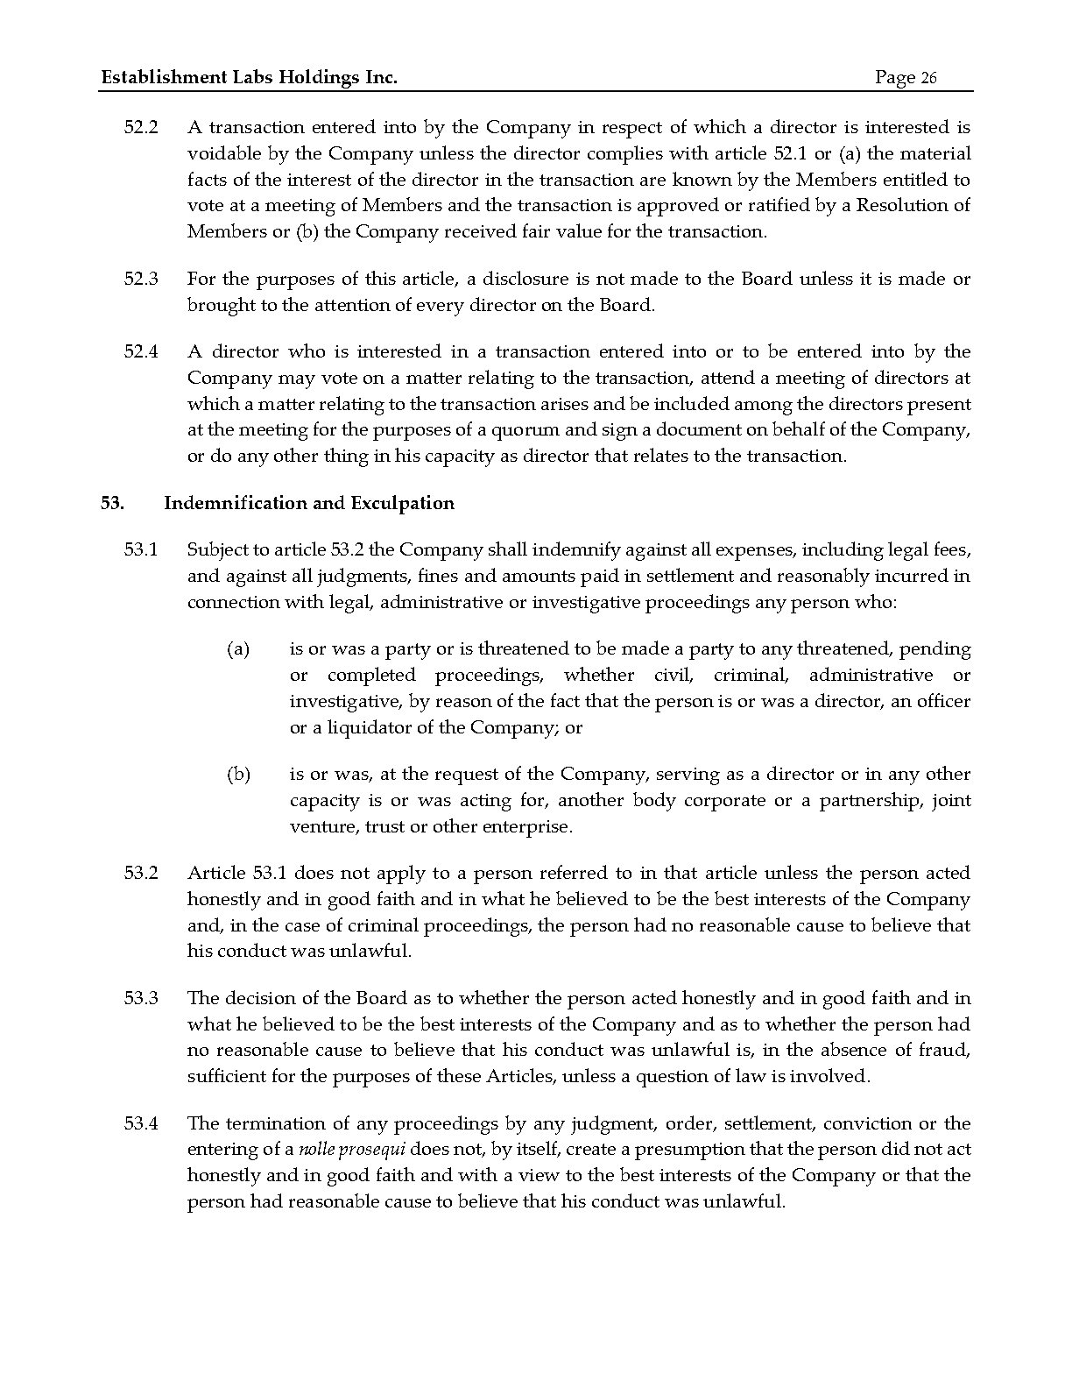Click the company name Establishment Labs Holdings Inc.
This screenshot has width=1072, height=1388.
(250, 78)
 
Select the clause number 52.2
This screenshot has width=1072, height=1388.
(141, 128)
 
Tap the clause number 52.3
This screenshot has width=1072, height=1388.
(141, 280)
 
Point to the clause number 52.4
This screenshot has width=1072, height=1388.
(141, 352)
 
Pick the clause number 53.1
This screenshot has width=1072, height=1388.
(141, 550)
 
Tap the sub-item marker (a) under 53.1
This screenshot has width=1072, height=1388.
(238, 649)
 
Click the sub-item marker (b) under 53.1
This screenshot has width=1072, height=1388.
(238, 775)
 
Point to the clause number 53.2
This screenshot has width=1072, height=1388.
(141, 874)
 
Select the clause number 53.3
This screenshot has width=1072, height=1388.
(141, 999)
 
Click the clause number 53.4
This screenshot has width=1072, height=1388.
(141, 1124)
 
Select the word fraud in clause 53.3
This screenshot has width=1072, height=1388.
(947, 1051)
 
